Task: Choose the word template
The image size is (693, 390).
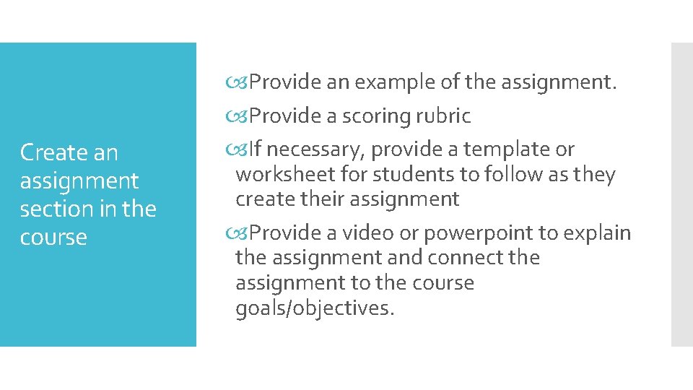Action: tap(506, 149)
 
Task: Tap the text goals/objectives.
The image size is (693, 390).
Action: tap(315, 308)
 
